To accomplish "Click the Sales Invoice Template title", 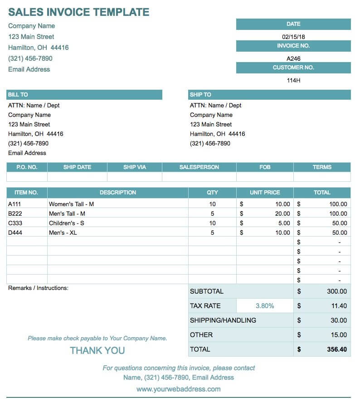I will point(78,12).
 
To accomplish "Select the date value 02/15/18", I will point(293,37).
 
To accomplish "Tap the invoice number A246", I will point(293,58).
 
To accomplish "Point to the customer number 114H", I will point(293,80).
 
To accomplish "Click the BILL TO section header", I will point(18,95).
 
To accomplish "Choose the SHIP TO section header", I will point(200,95).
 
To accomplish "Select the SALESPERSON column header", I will point(199,167).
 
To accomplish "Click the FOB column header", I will point(265,167).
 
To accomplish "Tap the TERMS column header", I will point(322,167).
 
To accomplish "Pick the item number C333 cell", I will point(15,223).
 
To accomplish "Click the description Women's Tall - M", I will point(71,204).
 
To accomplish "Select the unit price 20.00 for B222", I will point(282,213).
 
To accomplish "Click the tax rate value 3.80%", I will point(265,306).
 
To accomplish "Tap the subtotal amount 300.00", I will point(337,291).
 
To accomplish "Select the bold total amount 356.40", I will point(336,349).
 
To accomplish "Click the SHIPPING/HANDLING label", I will point(223,320).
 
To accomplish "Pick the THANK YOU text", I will point(97,350).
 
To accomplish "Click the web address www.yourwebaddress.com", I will point(179,389).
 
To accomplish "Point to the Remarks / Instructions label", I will point(38,288).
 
